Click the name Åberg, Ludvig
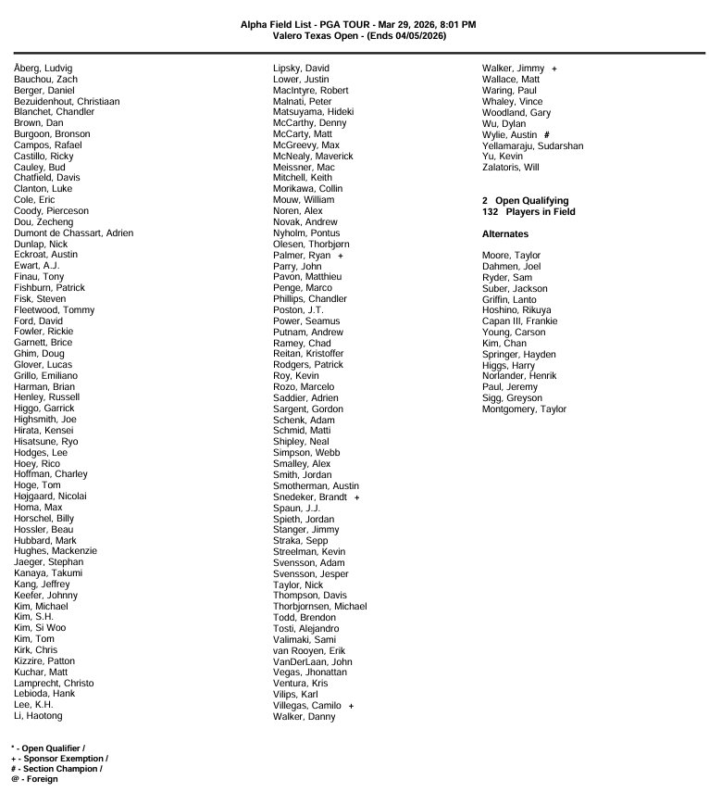click(43, 69)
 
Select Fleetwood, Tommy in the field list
click(55, 309)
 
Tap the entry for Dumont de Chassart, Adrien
click(73, 233)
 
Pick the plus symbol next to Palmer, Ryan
click(341, 255)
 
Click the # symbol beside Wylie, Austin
click(547, 135)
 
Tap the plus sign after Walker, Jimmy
click(554, 69)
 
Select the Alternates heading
click(504, 234)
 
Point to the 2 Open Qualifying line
click(525, 201)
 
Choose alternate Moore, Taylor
click(511, 256)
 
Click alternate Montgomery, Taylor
click(524, 409)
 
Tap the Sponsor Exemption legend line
click(59, 758)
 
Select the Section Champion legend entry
click(56, 769)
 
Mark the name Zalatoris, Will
click(510, 168)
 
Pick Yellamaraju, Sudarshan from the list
click(532, 146)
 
